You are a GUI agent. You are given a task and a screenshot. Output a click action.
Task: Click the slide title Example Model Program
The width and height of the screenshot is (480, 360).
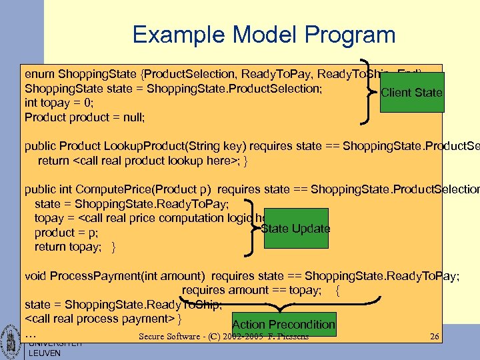pos(263,34)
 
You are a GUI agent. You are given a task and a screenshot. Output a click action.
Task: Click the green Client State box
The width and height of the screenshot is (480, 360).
pos(411,92)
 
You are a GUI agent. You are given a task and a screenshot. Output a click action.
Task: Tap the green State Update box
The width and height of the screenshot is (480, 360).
pos(296,229)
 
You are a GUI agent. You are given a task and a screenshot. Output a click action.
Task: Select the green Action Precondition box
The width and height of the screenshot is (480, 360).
pos(283,324)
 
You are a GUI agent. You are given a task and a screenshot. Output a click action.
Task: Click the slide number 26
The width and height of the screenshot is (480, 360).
pos(435,337)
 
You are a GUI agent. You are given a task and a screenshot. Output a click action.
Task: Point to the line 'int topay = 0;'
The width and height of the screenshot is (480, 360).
pos(59,103)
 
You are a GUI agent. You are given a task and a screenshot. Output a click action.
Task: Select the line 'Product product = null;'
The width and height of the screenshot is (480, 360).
pos(84,117)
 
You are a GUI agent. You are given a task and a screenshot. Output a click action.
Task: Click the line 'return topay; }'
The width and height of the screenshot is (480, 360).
pos(75,247)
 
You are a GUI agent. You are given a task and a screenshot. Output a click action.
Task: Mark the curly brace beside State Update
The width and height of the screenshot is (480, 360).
pos(252,225)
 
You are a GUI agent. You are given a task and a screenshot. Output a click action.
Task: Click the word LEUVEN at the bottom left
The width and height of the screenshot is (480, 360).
pos(44,353)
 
